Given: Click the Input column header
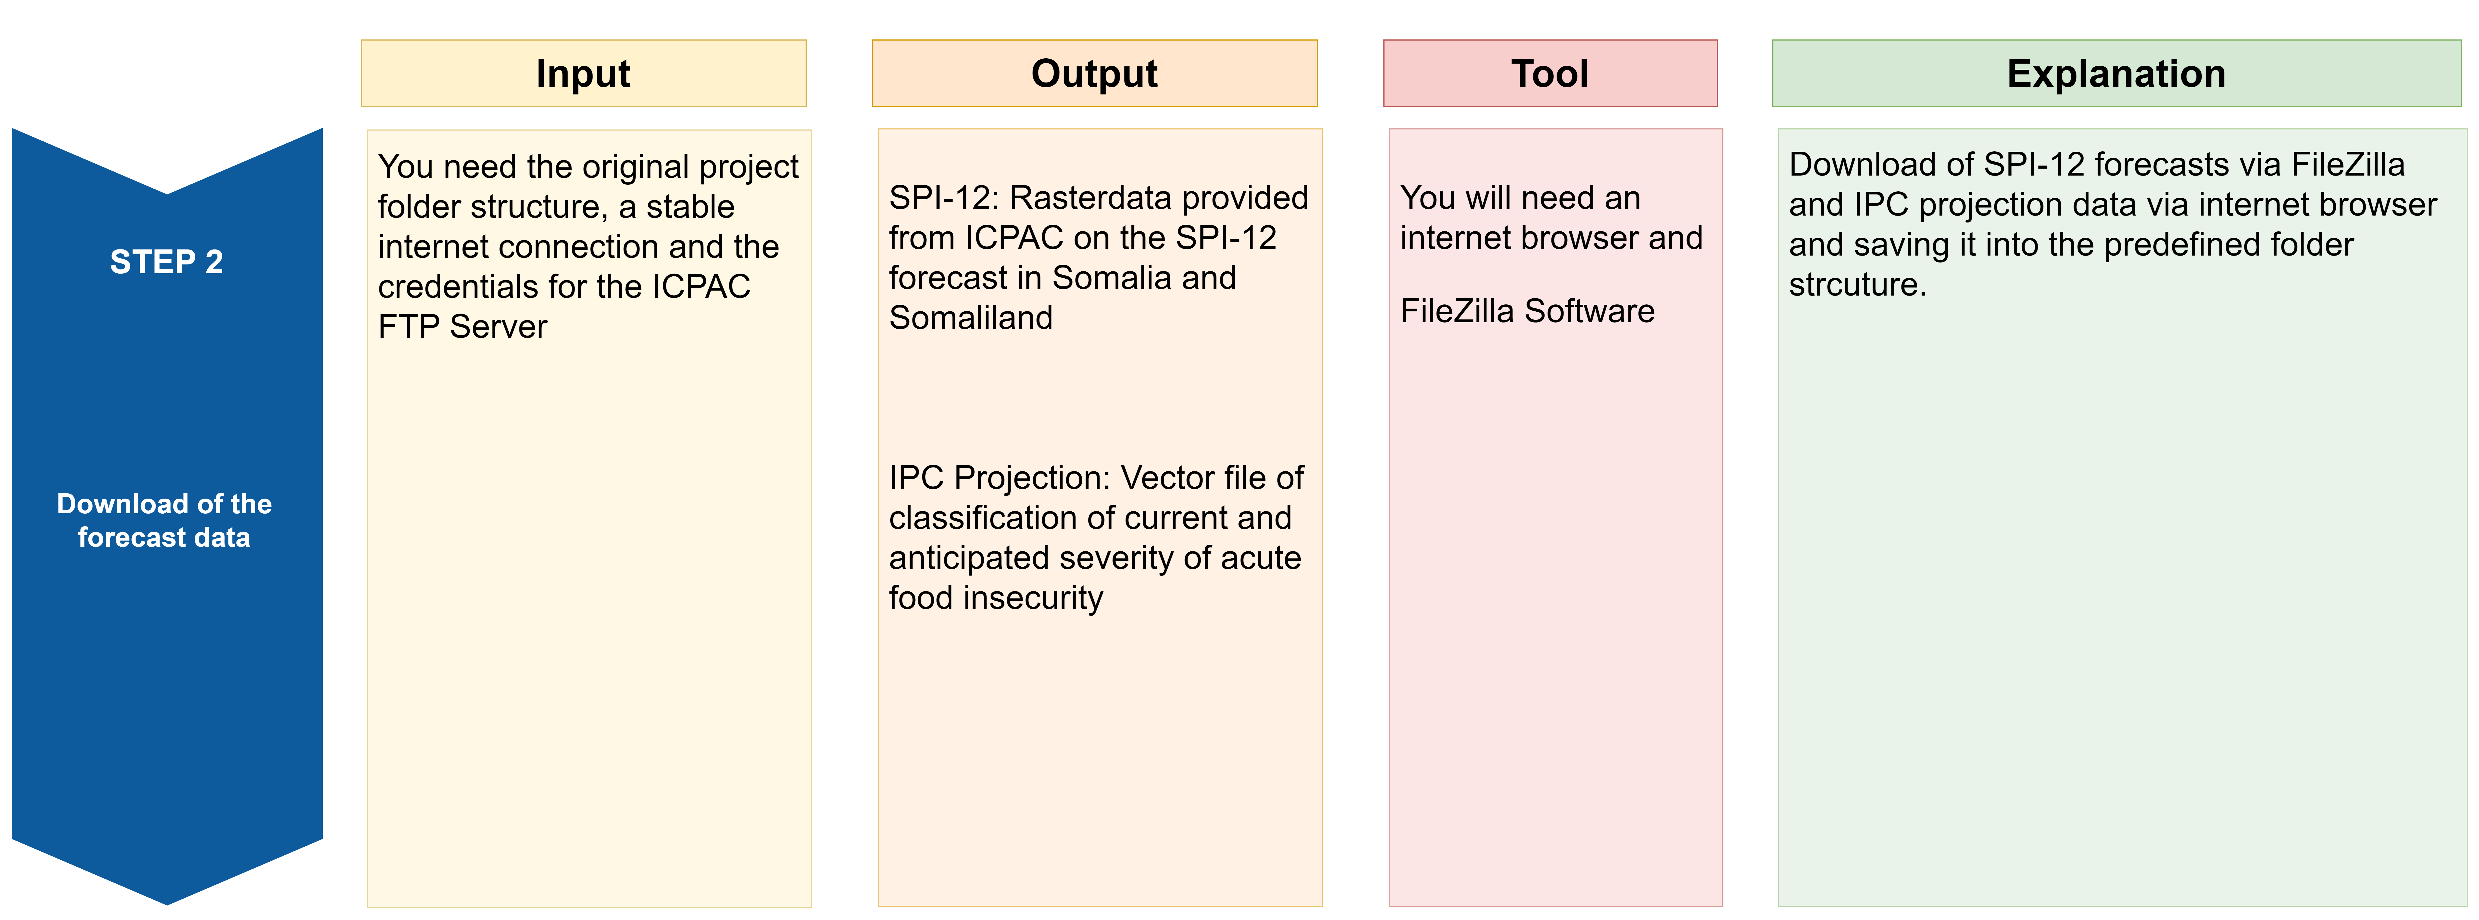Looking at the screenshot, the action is pos(583,73).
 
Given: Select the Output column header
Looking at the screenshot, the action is pos(1094,73).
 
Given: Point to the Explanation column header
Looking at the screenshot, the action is pos(2116,73).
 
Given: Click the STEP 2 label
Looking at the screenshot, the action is pos(166,262).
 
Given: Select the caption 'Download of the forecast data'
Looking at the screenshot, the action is pos(164,521).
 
